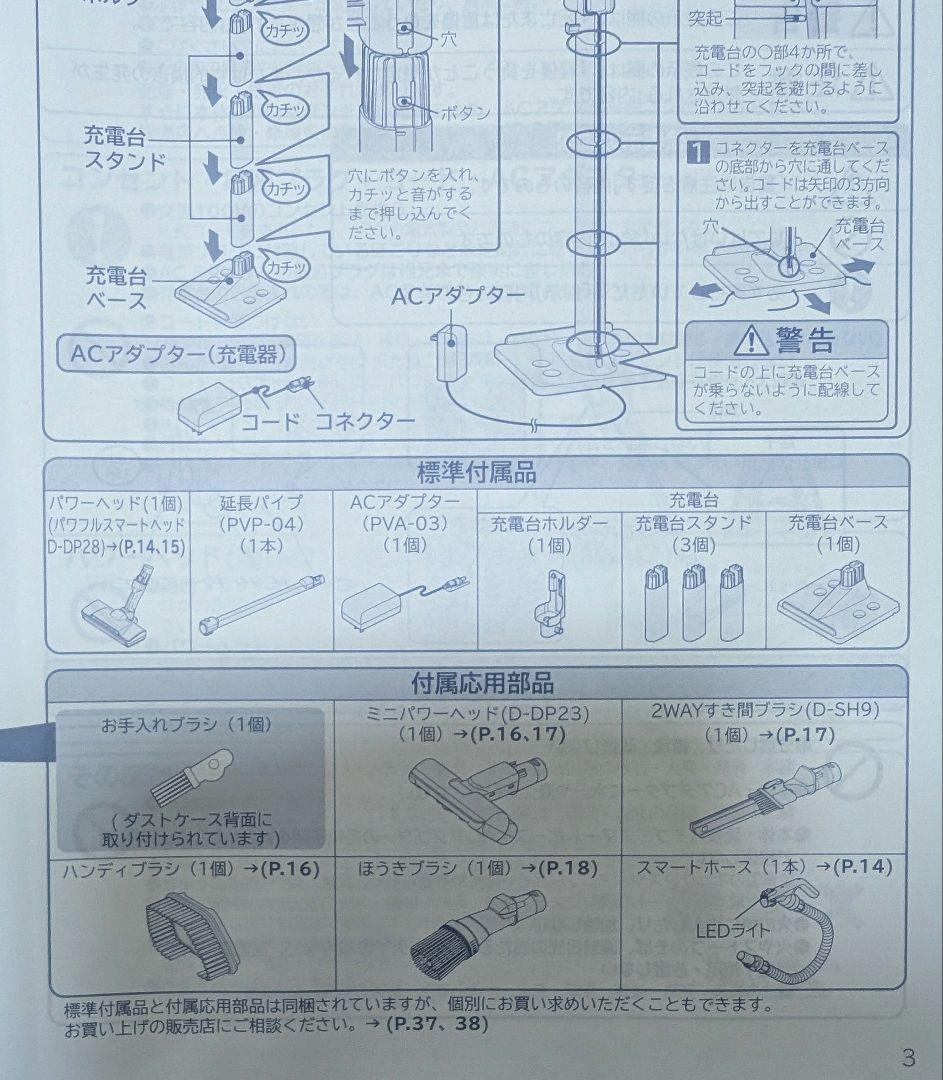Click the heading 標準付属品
(x=476, y=472)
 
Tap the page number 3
(x=908, y=1057)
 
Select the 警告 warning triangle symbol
(x=751, y=342)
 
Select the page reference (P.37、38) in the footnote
(x=438, y=1025)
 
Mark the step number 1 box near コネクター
(x=699, y=151)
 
